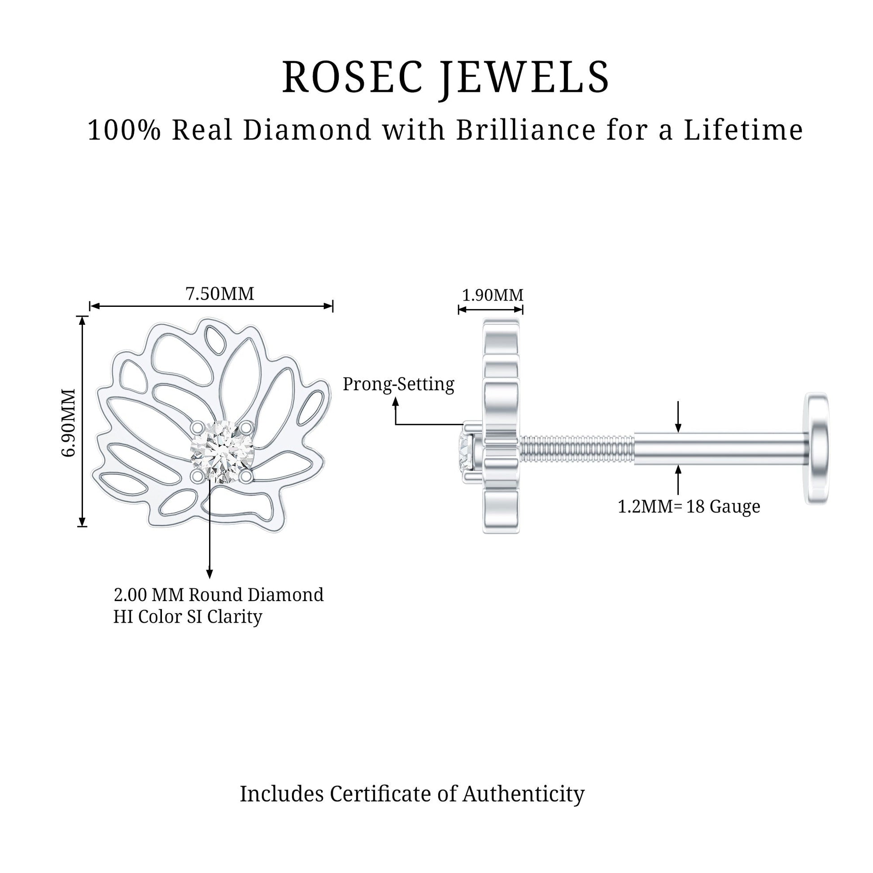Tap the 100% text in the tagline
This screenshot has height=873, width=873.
click(x=124, y=130)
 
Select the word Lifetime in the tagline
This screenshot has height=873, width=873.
click(x=743, y=130)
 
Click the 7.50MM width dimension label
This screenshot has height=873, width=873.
click(x=220, y=294)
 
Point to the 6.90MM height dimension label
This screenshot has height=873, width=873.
click(x=69, y=422)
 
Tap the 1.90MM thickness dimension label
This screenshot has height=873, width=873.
click(x=492, y=295)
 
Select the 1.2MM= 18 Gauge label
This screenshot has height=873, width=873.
click(x=689, y=506)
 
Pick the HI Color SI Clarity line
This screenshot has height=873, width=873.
click(x=188, y=617)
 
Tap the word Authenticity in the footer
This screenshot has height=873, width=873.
click(x=523, y=794)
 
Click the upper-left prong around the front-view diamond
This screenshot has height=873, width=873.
click(x=197, y=427)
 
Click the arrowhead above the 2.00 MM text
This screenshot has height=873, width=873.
click(x=209, y=574)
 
